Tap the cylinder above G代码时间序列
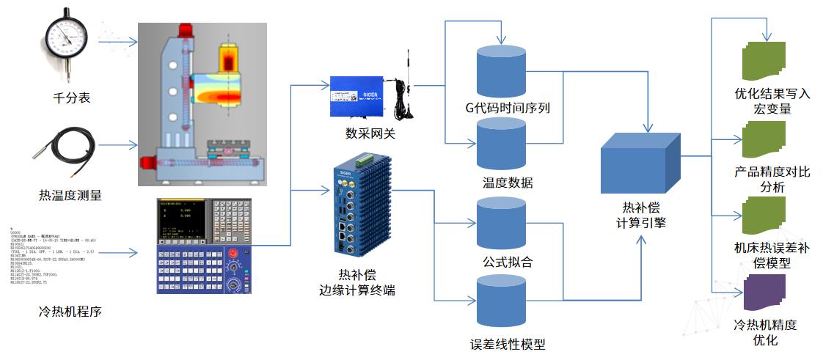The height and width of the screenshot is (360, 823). click(502, 71)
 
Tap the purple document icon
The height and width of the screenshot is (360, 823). click(764, 292)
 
